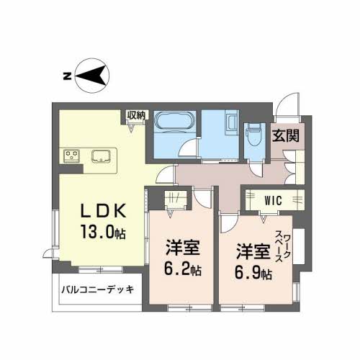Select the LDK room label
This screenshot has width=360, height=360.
104,211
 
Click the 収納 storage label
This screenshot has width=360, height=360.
137,115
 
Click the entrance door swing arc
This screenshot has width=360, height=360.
288,107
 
